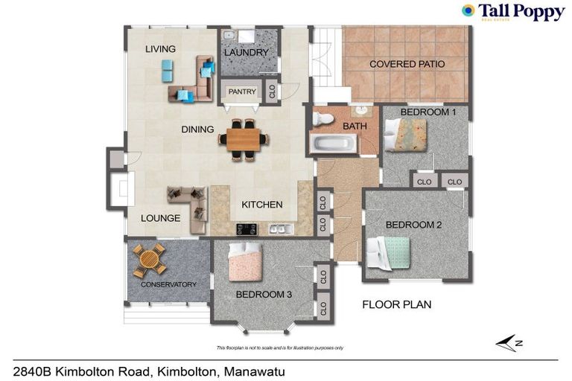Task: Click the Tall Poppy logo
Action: (x=511, y=12)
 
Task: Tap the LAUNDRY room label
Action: (x=246, y=53)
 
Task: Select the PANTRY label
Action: (x=242, y=92)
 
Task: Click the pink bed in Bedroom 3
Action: (x=244, y=262)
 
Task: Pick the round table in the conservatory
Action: (x=149, y=259)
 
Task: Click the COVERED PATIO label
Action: (x=407, y=65)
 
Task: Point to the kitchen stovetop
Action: (x=247, y=228)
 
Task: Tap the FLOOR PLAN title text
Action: (x=396, y=304)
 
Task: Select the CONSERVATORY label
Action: (x=168, y=285)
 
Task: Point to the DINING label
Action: (x=197, y=129)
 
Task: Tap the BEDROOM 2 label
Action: (x=413, y=225)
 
